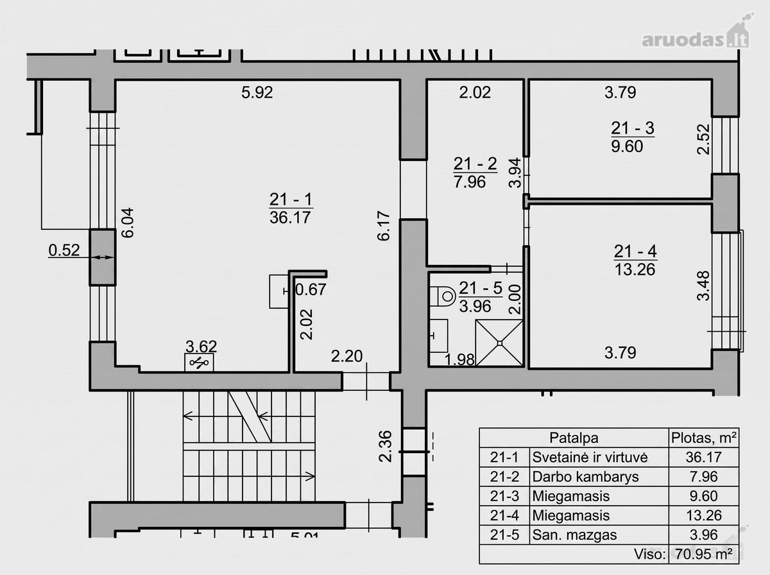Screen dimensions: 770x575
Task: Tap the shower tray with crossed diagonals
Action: tap(499, 343)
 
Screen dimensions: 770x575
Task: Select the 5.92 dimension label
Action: tap(257, 92)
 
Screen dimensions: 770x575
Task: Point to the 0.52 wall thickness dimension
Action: tap(64, 250)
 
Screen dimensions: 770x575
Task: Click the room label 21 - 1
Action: tap(291, 200)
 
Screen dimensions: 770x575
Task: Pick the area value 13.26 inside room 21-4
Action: tap(635, 270)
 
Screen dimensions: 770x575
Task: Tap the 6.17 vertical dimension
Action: tap(384, 226)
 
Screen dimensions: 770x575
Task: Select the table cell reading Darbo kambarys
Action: tap(585, 477)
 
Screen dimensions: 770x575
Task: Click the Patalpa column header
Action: tap(574, 438)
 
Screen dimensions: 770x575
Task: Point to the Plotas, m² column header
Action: tap(704, 438)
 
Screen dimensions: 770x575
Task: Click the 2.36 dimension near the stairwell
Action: tap(386, 447)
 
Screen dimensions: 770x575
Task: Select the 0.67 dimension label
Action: tap(311, 290)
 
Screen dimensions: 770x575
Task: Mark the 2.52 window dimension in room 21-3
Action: tap(703, 139)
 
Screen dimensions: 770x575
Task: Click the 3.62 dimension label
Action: tap(201, 347)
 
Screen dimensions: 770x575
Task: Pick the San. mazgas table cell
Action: tap(574, 535)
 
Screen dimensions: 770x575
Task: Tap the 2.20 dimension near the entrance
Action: tap(346, 356)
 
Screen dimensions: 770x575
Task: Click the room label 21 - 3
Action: tap(633, 128)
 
